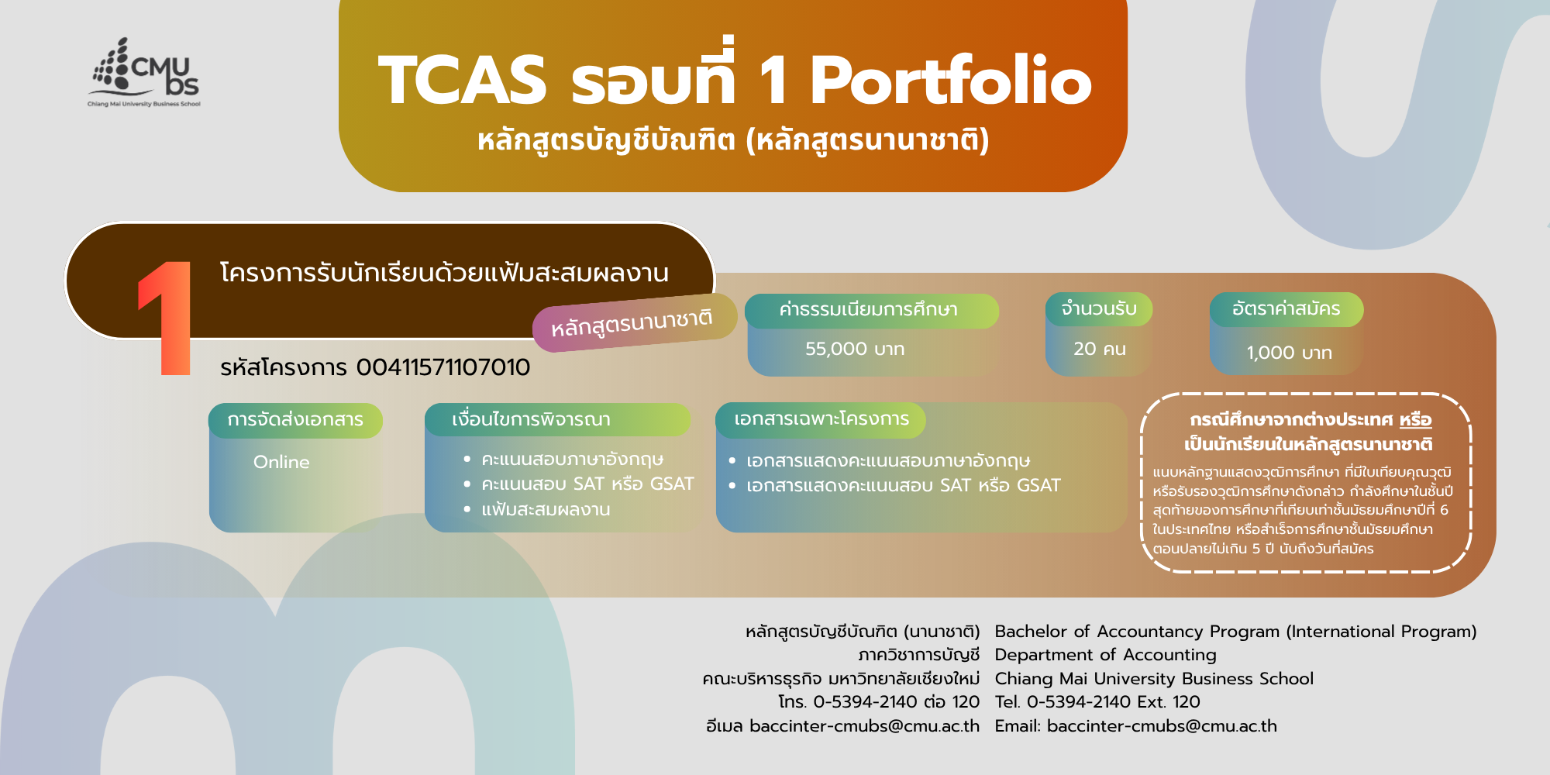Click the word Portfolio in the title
click(x=951, y=80)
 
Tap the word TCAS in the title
click(x=463, y=80)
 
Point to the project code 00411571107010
click(x=443, y=367)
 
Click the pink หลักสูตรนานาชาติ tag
click(x=634, y=322)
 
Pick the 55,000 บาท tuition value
click(x=855, y=349)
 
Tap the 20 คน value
click(x=1100, y=349)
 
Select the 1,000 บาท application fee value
click(x=1289, y=353)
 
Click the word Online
click(x=281, y=462)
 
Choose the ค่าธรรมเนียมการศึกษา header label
click(x=868, y=310)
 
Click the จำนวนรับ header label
click(x=1099, y=308)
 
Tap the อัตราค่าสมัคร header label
click(x=1286, y=308)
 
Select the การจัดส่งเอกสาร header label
click(x=295, y=419)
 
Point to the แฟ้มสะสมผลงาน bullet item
click(x=546, y=509)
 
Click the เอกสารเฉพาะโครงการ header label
click(x=821, y=418)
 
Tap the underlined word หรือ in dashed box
click(x=1415, y=419)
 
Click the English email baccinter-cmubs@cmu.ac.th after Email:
click(x=1162, y=725)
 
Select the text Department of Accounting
click(x=1105, y=655)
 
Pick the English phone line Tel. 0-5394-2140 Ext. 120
click(x=1097, y=701)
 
